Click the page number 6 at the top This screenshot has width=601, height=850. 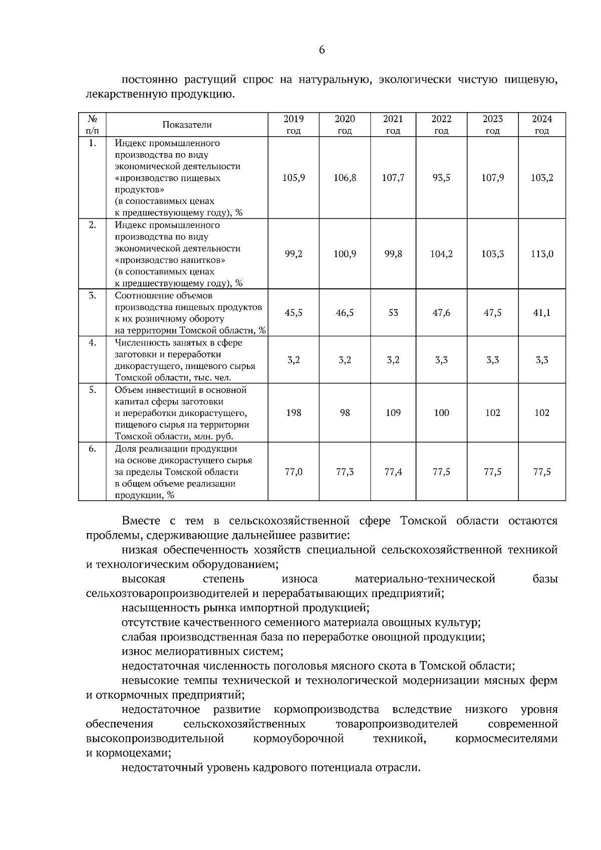point(322,50)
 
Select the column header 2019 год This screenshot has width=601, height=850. point(293,125)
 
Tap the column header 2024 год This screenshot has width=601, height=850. point(542,125)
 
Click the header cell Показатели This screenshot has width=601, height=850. point(187,125)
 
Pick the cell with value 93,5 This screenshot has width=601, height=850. point(441,178)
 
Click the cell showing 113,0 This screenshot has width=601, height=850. point(542,254)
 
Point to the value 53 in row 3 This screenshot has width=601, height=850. point(393,312)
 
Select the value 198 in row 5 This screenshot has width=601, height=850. point(293,412)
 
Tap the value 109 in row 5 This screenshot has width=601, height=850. point(393,412)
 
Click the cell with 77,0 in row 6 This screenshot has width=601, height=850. point(293,472)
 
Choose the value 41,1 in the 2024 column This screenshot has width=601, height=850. point(542,312)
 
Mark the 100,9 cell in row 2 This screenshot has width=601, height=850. point(345,254)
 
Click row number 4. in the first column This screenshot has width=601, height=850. point(92,343)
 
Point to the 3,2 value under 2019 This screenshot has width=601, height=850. point(293,360)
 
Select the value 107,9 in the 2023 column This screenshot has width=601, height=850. point(492,178)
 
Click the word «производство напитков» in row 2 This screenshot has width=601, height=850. point(170,260)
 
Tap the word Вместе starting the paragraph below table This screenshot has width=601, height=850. point(140,521)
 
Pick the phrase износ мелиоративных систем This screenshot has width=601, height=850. point(202,651)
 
